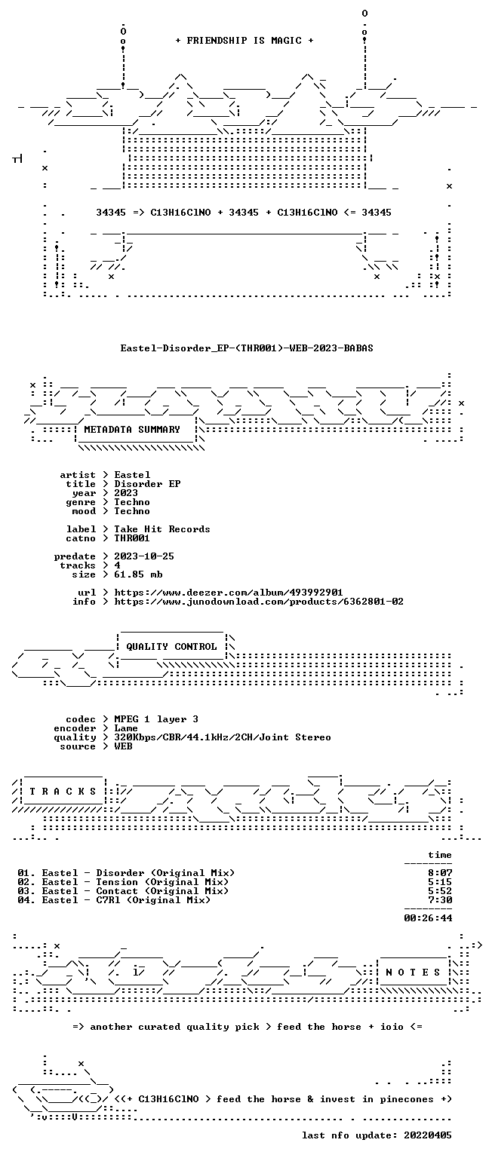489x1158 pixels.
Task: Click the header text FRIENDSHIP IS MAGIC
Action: coord(244,40)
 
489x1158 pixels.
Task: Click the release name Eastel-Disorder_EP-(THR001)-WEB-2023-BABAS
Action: coord(247,348)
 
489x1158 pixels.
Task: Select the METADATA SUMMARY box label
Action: coord(132,430)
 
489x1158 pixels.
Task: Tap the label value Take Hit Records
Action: coord(162,529)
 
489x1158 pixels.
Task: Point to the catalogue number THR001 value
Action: coord(132,538)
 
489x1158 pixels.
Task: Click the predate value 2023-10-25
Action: coord(144,556)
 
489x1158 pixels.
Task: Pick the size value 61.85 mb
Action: coord(138,574)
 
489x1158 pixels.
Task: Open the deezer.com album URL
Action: coord(228,593)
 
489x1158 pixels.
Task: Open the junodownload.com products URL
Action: coord(259,602)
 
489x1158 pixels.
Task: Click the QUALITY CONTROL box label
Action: coord(171,647)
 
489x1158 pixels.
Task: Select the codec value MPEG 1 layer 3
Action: coord(156,719)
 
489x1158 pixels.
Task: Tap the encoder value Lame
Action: coord(126,728)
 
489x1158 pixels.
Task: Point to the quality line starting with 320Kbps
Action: coord(223,737)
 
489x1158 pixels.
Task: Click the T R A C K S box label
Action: coord(63,792)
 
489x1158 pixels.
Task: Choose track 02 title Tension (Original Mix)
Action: coord(162,882)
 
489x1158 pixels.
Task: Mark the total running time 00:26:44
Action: coord(428,918)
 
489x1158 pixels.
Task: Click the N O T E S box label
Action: coord(413,973)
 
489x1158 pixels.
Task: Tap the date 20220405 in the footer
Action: coord(428,1135)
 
